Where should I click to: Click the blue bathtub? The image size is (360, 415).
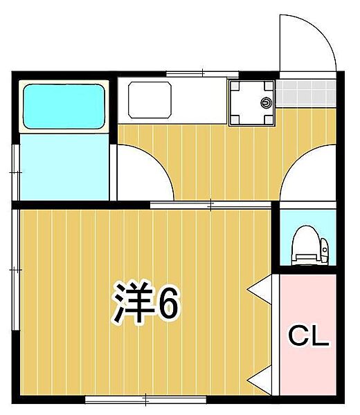tap(64, 107)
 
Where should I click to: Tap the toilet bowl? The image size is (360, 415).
tap(303, 246)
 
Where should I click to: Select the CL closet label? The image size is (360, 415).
tap(307, 337)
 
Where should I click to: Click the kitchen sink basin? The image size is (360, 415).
tap(149, 99)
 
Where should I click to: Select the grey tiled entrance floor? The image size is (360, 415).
tap(307, 91)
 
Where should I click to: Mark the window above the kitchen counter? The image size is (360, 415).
tap(202, 73)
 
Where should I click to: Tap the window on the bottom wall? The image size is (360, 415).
tap(145, 398)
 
